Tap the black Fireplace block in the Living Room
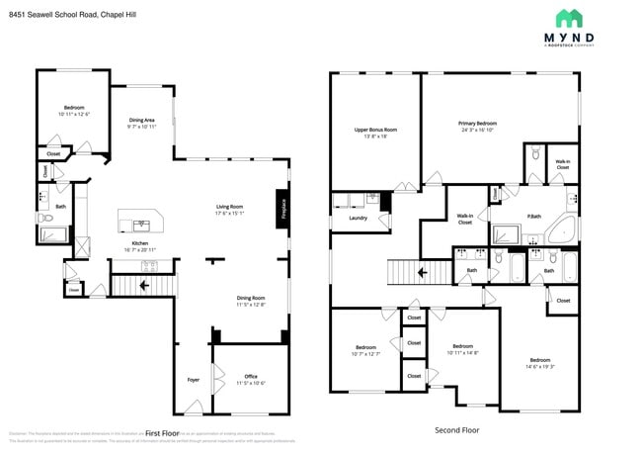pos(283,211)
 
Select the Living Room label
pos(230,207)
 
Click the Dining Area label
pos(141,121)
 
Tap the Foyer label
pos(194,379)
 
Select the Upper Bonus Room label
pos(375,130)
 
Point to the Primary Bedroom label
pos(477,124)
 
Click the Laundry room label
pos(359,218)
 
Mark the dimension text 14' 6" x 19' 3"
pos(539,367)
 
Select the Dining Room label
pos(250,298)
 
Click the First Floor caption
pos(167,433)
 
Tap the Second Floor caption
pos(456,430)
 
